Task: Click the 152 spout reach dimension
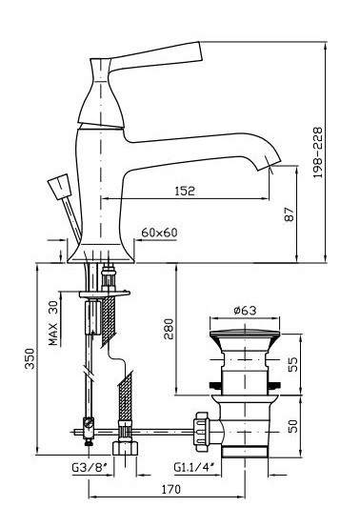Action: pos(185,191)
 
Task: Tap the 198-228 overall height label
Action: pos(318,152)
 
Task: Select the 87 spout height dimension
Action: pos(290,214)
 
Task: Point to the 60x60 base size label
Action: pos(159,233)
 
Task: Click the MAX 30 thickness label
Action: pos(54,323)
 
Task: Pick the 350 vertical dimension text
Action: pos(30,358)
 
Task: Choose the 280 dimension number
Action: pos(169,329)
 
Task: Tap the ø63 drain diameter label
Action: pos(245,311)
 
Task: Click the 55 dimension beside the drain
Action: pos(291,365)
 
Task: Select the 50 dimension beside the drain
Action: pos(291,426)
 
